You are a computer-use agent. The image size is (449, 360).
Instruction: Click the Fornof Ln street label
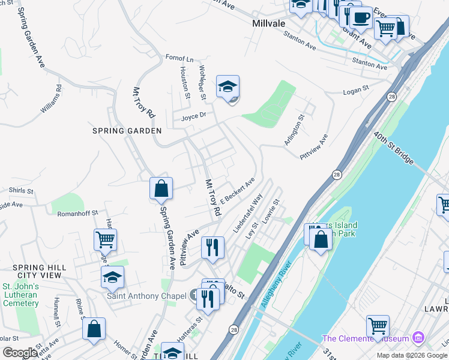pos(179,59)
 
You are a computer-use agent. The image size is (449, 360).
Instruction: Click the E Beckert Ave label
pos(237,190)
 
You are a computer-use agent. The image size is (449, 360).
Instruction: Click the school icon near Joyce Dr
pos(228,87)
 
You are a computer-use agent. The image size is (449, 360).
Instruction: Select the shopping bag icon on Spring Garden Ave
pos(161,189)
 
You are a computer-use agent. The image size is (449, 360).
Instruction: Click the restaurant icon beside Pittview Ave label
pos(212,248)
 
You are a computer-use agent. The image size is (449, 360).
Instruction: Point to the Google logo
pos(20,352)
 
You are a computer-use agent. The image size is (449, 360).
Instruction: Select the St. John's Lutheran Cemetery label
pos(21,295)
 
